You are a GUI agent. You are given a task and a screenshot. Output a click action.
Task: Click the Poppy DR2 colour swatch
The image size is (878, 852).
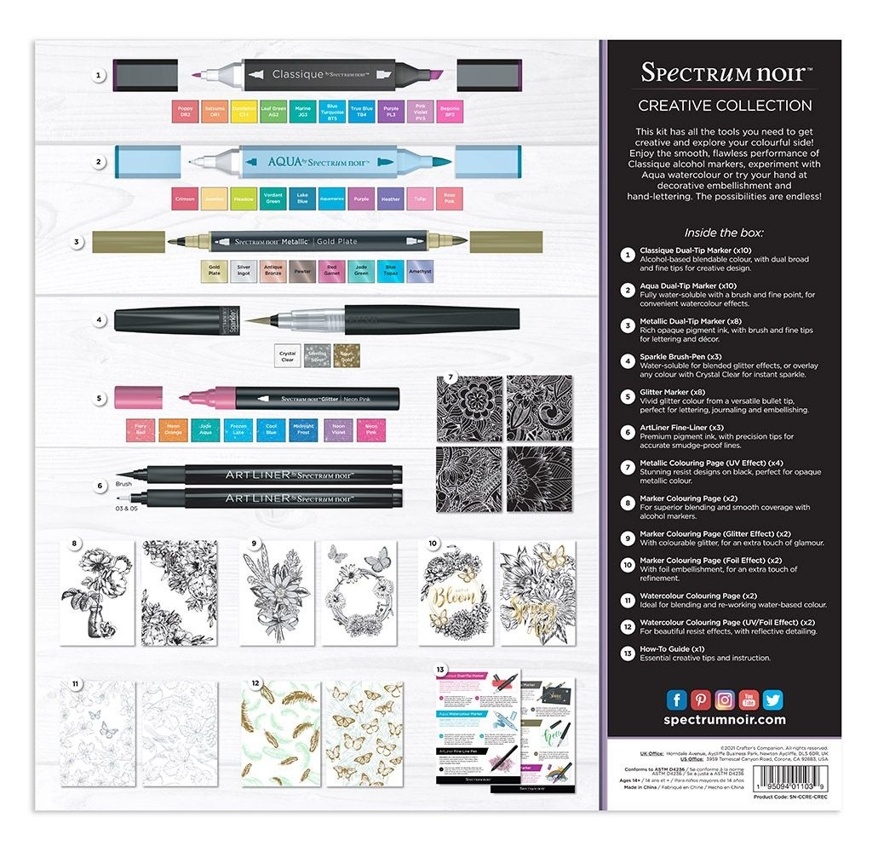click(184, 113)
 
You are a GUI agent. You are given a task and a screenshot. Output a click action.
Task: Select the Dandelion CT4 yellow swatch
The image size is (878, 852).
click(244, 113)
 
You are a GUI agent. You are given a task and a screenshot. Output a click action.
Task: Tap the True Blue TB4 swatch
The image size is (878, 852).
click(361, 113)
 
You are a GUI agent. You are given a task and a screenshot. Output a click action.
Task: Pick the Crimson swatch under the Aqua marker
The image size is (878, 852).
click(184, 199)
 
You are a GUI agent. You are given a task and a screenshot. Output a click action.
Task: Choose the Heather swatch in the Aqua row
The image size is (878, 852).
click(391, 199)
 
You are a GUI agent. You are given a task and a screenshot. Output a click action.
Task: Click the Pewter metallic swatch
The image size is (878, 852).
click(302, 271)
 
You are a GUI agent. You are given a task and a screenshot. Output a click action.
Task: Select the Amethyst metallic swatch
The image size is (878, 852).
click(420, 271)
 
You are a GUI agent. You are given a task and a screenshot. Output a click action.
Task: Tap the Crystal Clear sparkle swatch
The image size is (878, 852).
click(287, 355)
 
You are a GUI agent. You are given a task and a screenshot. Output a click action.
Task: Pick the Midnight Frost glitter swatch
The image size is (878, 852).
click(302, 429)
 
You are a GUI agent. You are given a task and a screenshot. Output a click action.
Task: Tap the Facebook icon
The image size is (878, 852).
click(677, 699)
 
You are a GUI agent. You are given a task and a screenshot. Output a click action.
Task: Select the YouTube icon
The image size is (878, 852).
click(749, 699)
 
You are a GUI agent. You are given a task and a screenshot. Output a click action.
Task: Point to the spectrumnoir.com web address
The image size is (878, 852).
click(724, 720)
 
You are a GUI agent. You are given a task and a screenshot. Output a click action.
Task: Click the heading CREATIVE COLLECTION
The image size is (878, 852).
click(725, 106)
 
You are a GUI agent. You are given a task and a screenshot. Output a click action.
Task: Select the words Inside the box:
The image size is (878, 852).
click(724, 232)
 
